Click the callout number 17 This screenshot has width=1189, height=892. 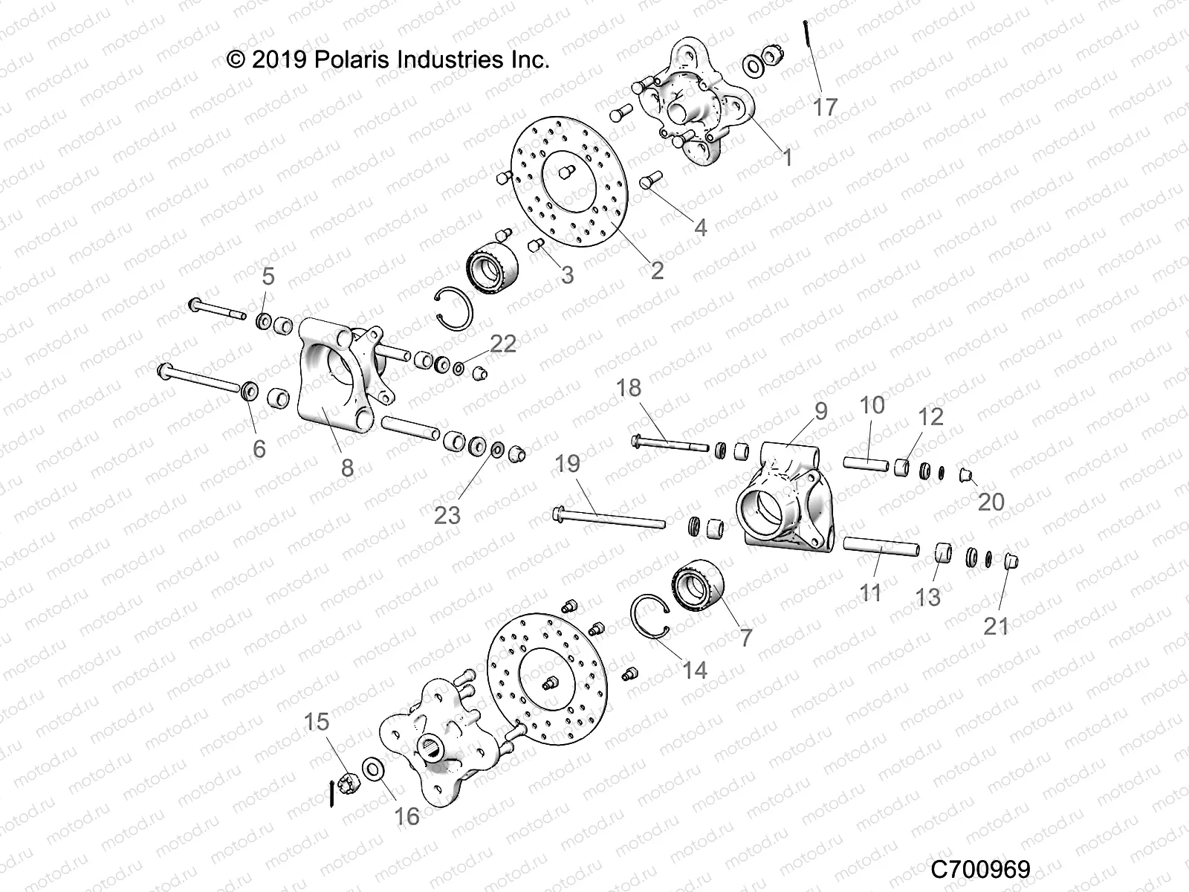[825, 107]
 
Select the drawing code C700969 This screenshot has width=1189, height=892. [980, 868]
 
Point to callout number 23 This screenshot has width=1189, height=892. [447, 514]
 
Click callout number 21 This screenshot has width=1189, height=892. [996, 626]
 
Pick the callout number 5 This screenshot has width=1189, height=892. [268, 277]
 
